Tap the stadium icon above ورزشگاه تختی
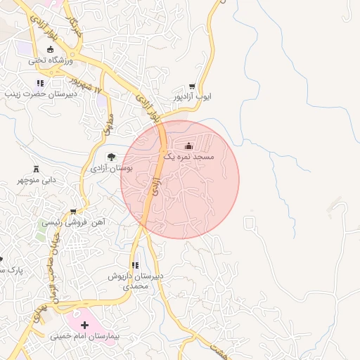50,49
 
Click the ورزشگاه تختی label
49,61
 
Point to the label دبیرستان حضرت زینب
37,94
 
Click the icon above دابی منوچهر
36,169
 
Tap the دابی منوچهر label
35,180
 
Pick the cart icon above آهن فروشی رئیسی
73,210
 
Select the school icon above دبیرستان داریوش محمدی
135,266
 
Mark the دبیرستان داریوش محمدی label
136,281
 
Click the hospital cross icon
85,325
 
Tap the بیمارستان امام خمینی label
85,337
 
